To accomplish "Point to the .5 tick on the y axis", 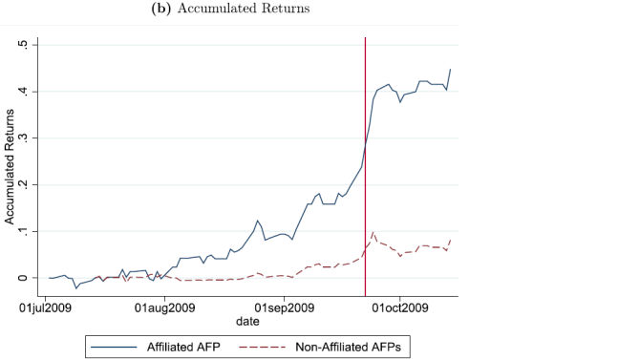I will tap(32, 45).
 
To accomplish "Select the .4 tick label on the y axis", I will tap(32, 92).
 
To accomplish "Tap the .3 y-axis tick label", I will tap(32, 138).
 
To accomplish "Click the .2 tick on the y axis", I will tap(32, 184).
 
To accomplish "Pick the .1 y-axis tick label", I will tap(32, 231).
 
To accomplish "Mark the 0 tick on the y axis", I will tap(33, 278).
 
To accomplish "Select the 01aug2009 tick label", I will tap(165, 307).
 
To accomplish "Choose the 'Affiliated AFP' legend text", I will tap(182, 345).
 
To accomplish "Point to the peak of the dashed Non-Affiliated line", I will tap(373, 232).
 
